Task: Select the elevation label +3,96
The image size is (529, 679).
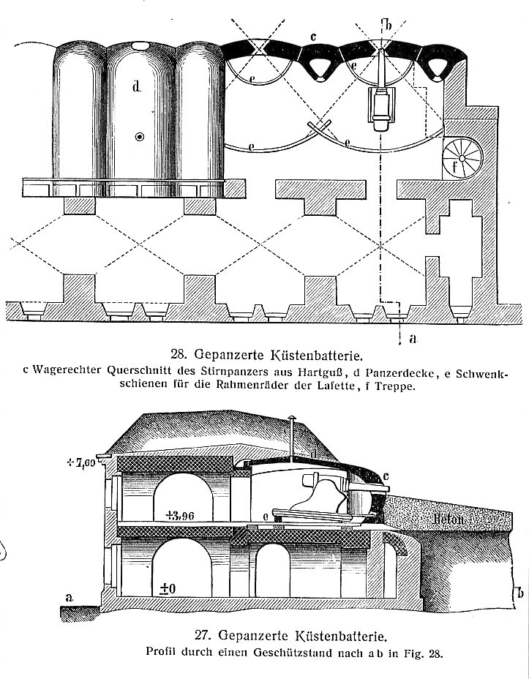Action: click(174, 513)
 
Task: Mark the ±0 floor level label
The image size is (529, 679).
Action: click(168, 588)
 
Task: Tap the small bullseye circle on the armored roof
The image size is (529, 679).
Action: click(139, 137)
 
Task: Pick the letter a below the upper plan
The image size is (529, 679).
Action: click(413, 339)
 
